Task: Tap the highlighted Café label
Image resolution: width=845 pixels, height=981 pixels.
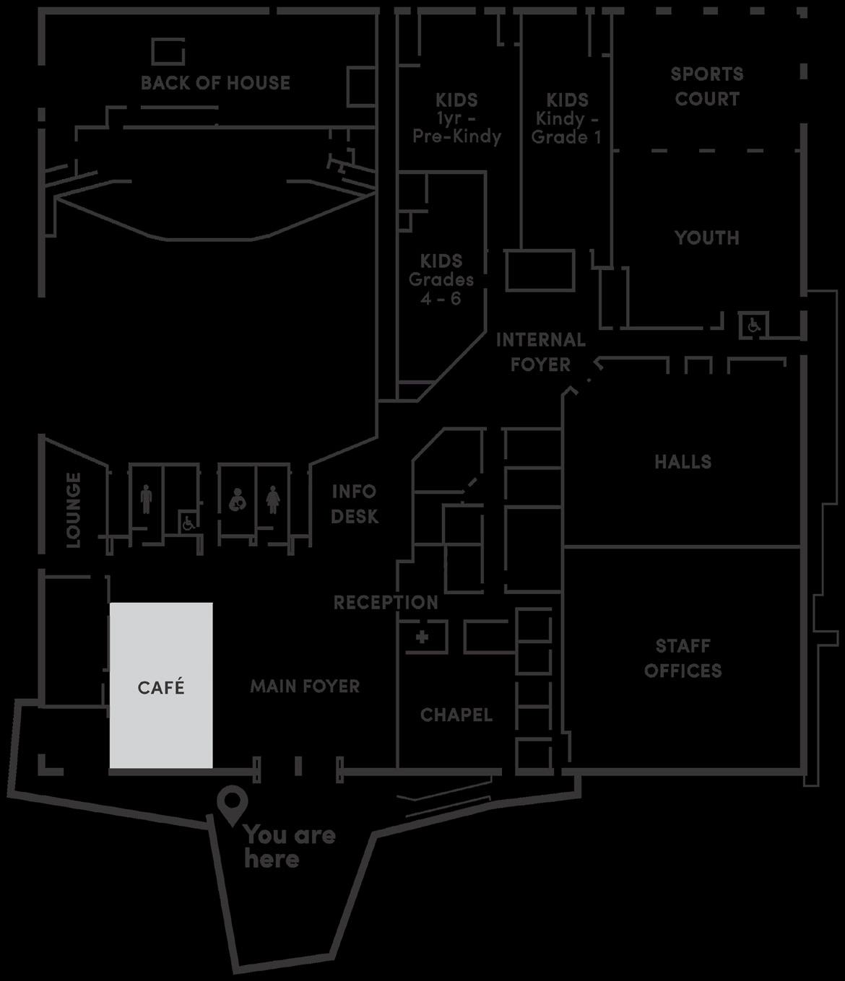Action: pos(161,687)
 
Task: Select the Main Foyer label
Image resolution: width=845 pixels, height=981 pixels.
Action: pos(305,686)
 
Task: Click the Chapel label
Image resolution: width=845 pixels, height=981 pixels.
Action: pos(456,715)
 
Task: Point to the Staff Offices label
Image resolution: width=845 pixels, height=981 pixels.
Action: pos(682,658)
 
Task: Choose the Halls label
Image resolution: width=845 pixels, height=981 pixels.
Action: pos(682,461)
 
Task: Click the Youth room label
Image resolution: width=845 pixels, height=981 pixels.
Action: pos(706,237)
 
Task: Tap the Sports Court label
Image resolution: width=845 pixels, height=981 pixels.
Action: pos(706,86)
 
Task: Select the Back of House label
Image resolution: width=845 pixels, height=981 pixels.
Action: pos(215,83)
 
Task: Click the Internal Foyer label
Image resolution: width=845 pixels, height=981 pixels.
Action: pos(540,352)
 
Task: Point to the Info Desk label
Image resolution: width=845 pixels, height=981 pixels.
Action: pos(354,504)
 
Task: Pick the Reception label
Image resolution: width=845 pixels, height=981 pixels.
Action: pos(386,602)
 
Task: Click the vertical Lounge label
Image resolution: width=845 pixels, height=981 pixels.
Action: pos(73,510)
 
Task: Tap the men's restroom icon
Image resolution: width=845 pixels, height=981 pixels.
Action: pos(147,499)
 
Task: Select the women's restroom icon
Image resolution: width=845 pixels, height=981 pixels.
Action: pos(272,499)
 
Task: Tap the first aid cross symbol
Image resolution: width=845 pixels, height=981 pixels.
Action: pos(422,637)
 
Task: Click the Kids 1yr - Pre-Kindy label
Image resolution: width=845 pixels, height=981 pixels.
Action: pos(456,118)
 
